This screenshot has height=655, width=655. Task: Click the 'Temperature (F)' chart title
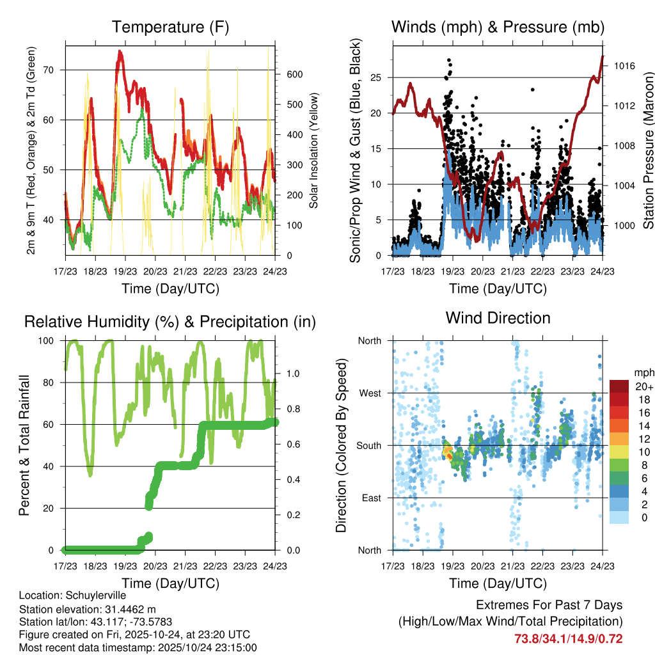170,28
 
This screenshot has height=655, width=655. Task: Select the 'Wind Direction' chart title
498,318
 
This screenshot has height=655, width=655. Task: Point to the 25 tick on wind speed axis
375,77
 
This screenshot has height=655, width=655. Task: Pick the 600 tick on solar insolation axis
294,74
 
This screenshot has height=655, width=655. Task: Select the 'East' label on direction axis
370,498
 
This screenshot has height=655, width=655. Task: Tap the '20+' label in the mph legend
643,386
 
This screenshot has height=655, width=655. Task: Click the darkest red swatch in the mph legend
618,386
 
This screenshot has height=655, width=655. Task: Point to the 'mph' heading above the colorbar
642,372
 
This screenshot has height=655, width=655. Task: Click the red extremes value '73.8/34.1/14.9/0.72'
568,638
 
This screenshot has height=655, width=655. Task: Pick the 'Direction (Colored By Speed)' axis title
341,445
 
